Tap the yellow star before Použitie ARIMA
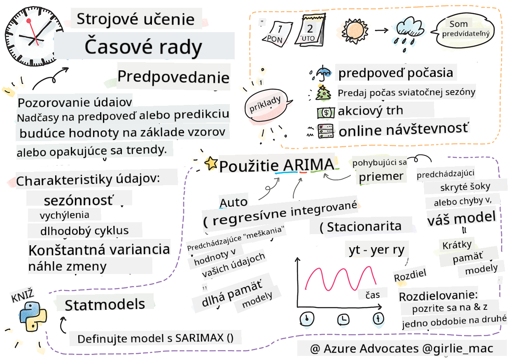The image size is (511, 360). [x=211, y=164]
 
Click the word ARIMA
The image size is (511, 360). [x=308, y=165]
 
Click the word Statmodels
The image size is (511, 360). [x=105, y=304]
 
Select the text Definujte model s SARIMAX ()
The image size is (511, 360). [x=155, y=339]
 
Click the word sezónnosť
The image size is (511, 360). [x=79, y=200]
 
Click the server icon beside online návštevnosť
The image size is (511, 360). [x=325, y=131]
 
